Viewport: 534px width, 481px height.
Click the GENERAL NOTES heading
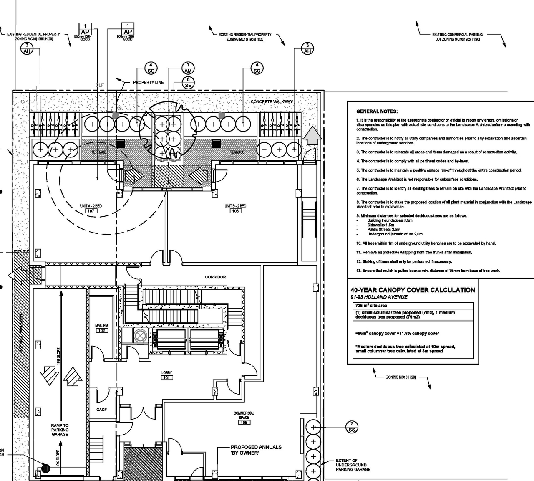click(377, 111)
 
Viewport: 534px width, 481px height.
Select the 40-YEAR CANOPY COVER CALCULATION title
click(412, 290)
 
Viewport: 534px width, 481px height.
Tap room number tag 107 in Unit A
click(91, 211)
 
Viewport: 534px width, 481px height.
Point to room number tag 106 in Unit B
click(235, 211)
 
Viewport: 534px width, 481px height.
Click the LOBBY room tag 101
click(167, 377)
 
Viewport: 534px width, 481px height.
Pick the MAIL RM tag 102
click(101, 330)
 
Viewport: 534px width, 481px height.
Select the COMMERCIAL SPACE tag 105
click(244, 423)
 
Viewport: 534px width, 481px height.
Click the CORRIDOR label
click(215, 277)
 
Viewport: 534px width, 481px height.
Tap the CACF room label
click(101, 410)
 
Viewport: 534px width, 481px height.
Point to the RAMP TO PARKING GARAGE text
click(60, 430)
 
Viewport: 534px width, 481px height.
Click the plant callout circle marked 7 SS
click(352, 427)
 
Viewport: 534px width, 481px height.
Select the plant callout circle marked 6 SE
click(188, 82)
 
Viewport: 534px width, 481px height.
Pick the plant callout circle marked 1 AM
click(188, 68)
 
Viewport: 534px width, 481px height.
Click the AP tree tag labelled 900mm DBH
click(128, 30)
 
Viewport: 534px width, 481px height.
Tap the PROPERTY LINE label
click(148, 83)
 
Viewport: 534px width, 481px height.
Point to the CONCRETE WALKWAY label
click(272, 102)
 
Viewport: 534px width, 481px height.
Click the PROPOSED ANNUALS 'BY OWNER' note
click(256, 450)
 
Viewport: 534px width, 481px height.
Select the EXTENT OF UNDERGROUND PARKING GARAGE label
click(353, 465)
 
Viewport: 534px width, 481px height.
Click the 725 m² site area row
click(371, 306)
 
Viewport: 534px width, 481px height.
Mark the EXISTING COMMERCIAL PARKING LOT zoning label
click(457, 37)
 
